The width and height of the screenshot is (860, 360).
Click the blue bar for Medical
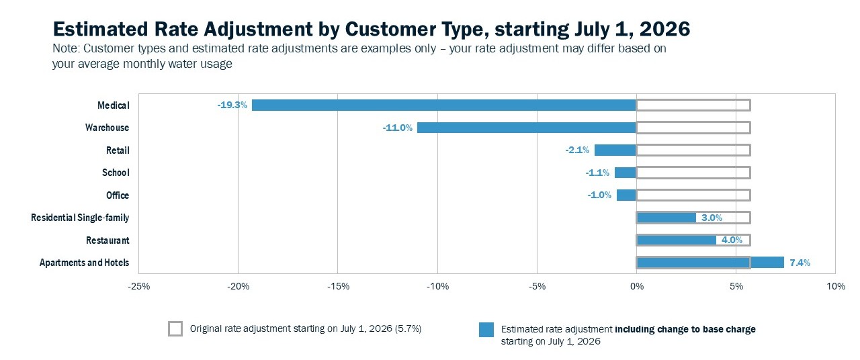pyautogui.click(x=443, y=105)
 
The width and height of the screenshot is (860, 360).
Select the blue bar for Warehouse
pyautogui.click(x=526, y=128)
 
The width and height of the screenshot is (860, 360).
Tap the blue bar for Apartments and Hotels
pyautogui.click(x=710, y=263)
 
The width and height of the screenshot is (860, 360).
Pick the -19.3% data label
pyautogui.click(x=232, y=105)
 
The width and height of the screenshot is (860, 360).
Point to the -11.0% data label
pyautogui.click(x=398, y=128)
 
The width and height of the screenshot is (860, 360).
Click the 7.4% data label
pyautogui.click(x=800, y=263)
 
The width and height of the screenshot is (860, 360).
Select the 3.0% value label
pyautogui.click(x=712, y=218)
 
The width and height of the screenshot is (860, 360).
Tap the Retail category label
pyautogui.click(x=118, y=150)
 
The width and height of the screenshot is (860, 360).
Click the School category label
pyautogui.click(x=116, y=173)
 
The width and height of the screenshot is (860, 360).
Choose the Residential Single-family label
pyautogui.click(x=80, y=218)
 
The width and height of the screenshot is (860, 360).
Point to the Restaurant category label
pyautogui.click(x=107, y=240)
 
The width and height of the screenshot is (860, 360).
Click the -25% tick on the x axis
pyautogui.click(x=138, y=287)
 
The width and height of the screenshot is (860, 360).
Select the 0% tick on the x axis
pyautogui.click(x=636, y=287)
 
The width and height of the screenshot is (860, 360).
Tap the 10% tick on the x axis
pyautogui.click(x=835, y=287)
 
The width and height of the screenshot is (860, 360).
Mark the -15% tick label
pyautogui.click(x=337, y=287)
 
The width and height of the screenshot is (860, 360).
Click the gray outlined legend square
pyautogui.click(x=175, y=329)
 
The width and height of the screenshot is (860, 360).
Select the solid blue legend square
pyautogui.click(x=486, y=330)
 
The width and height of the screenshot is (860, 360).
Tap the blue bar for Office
pyautogui.click(x=626, y=195)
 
